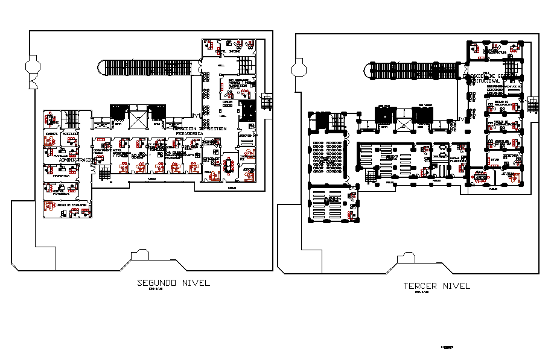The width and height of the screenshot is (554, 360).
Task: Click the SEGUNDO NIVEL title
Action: click(x=173, y=283)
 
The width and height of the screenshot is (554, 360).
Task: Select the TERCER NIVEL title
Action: click(x=436, y=286)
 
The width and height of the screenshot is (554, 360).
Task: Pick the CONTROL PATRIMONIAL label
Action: click(x=61, y=194)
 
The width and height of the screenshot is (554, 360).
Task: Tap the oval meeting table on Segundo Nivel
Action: click(x=229, y=164)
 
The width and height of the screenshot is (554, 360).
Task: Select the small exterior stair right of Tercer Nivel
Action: click(x=532, y=106)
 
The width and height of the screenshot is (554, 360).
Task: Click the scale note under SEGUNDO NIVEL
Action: click(x=156, y=291)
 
